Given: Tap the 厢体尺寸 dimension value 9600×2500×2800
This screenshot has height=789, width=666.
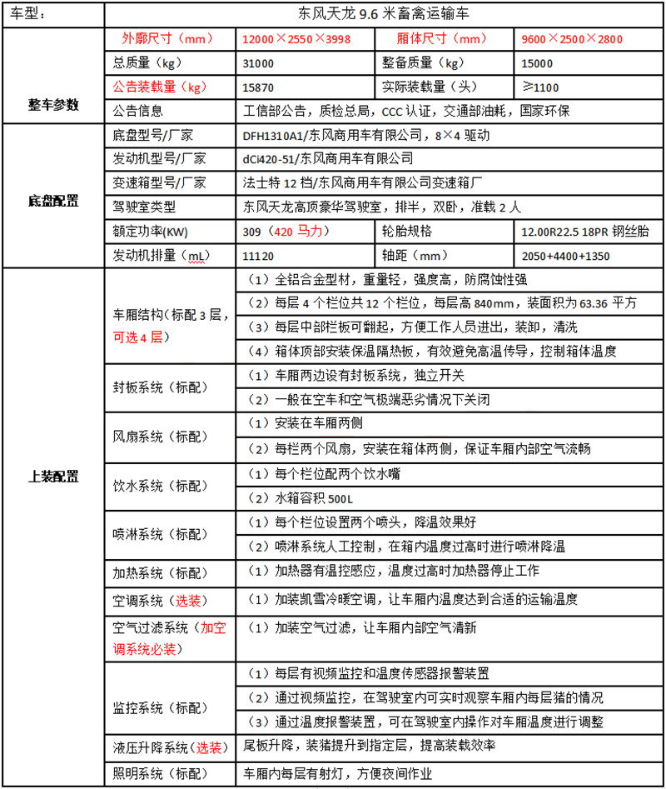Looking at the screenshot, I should (571, 39).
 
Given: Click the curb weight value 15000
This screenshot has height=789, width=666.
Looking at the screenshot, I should (537, 63).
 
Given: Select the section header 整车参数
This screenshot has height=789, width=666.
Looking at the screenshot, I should (53, 105).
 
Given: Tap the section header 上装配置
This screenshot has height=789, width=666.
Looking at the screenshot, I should (53, 477).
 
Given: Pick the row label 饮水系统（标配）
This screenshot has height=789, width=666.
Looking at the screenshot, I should (161, 486).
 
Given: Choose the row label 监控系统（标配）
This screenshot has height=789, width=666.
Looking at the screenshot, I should (161, 708).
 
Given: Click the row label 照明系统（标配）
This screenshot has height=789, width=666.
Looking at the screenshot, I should (161, 773).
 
